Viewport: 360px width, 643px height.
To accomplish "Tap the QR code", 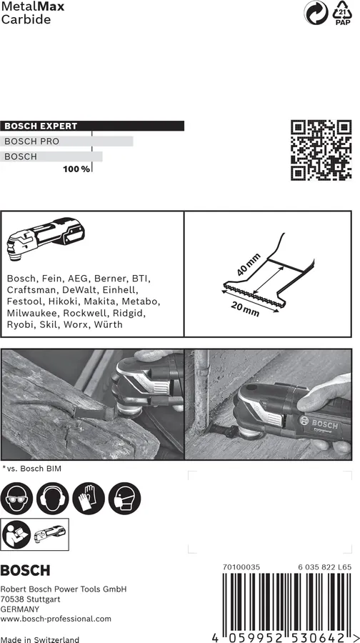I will point(321,150).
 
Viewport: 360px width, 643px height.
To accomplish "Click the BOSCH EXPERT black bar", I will point(92,126).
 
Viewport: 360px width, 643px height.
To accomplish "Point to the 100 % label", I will point(76,169).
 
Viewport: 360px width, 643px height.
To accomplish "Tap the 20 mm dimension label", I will point(245,307).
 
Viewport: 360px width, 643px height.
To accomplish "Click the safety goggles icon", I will point(17,495).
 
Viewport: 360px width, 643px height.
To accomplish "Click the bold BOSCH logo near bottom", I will point(26,571).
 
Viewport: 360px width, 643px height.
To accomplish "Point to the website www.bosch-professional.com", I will point(56,619).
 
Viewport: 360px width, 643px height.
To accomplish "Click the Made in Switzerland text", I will point(40,639).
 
